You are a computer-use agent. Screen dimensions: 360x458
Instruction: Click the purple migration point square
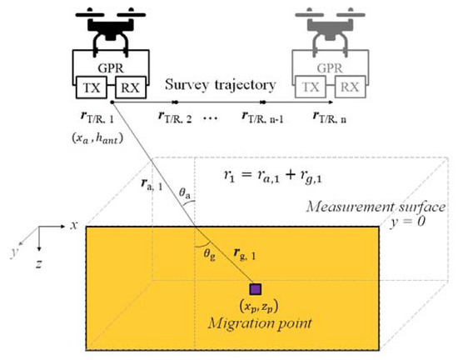pyautogui.click(x=256, y=289)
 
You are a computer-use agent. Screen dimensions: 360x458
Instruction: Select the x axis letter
pyautogui.click(x=75, y=225)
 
